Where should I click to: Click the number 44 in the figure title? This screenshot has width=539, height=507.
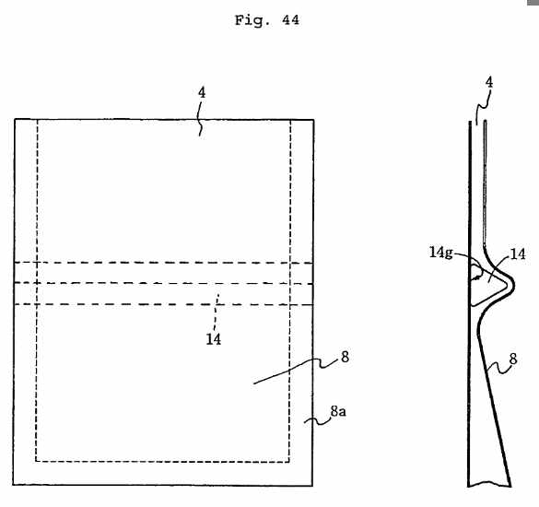click(290, 20)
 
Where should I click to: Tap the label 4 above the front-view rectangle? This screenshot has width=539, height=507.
click(202, 92)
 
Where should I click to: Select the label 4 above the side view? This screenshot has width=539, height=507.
click(489, 82)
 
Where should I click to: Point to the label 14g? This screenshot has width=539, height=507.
click(440, 253)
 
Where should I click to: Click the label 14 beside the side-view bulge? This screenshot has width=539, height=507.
click(518, 254)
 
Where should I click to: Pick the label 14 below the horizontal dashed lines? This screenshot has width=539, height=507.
click(214, 339)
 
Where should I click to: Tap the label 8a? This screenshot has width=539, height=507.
click(338, 411)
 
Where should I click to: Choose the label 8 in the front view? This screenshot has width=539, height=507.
click(346, 357)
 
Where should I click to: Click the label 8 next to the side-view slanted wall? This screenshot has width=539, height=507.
click(513, 360)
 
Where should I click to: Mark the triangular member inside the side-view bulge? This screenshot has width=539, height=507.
click(489, 285)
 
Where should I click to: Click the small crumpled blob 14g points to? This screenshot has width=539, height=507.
click(476, 274)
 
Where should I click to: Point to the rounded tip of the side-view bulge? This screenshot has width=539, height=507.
click(513, 285)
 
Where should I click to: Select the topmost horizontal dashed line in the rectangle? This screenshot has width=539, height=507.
click(164, 263)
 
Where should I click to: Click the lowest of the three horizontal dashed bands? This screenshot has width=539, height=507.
click(164, 304)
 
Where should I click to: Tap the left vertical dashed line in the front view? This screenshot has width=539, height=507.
click(37, 290)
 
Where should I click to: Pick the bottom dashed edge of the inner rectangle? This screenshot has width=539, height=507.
click(162, 461)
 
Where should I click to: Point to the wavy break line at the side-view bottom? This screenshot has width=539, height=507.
click(489, 485)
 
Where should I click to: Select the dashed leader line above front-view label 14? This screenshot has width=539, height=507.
click(217, 312)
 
